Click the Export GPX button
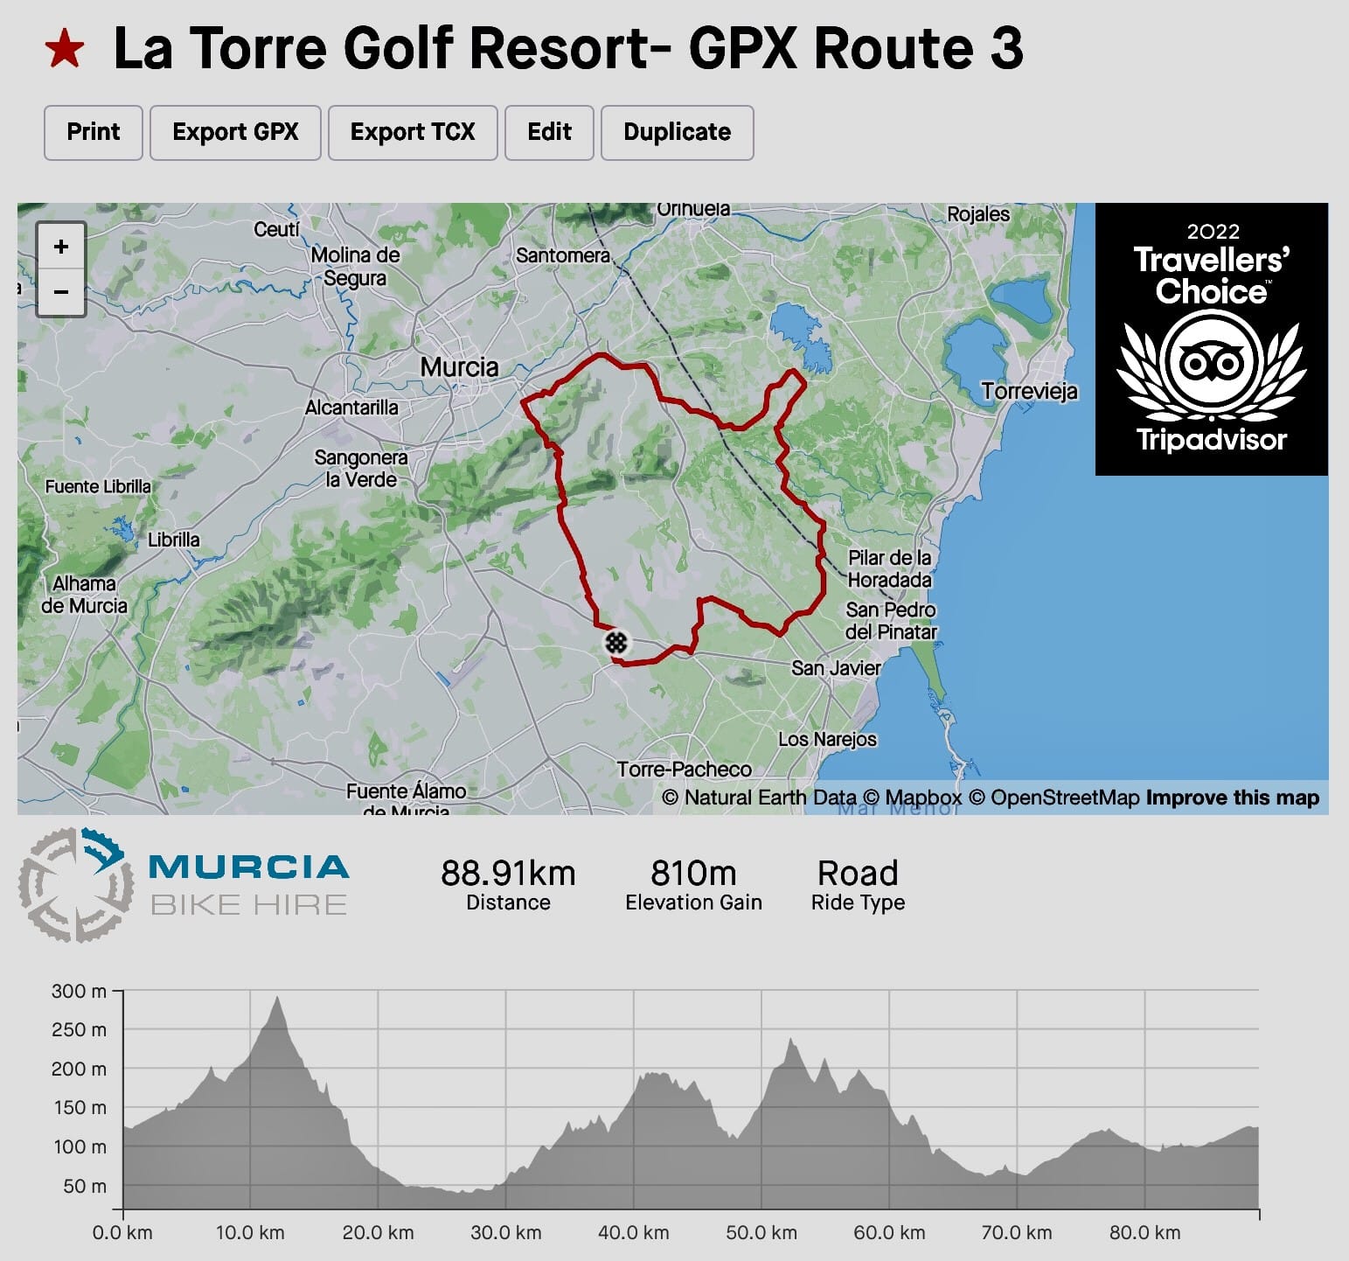pyautogui.click(x=235, y=132)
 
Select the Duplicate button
pyautogui.click(x=677, y=132)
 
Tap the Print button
pyautogui.click(x=93, y=132)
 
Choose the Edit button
pyautogui.click(x=549, y=132)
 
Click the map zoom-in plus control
pyautogui.click(x=60, y=247)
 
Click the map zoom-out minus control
pyautogui.click(x=60, y=291)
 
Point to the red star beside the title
pyautogui.click(x=65, y=49)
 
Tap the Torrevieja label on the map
pyautogui.click(x=1029, y=391)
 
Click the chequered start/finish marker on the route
pyautogui.click(x=616, y=643)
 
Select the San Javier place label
pyautogui.click(x=836, y=668)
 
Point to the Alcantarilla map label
pyautogui.click(x=351, y=408)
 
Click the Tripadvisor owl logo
pyautogui.click(x=1211, y=360)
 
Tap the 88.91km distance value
pyautogui.click(x=508, y=873)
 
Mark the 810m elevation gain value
pyautogui.click(x=693, y=873)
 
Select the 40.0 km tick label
pyautogui.click(x=633, y=1233)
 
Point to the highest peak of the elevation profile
pyautogui.click(x=277, y=998)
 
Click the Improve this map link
pyautogui.click(x=1232, y=798)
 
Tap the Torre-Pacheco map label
pyautogui.click(x=684, y=770)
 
